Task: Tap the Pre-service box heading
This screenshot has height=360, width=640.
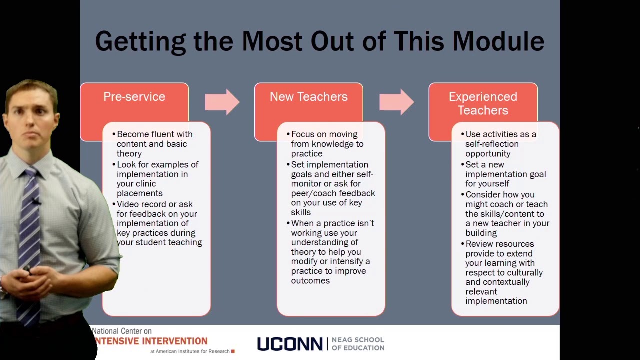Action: [x=134, y=97]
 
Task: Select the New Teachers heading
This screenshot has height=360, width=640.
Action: [x=308, y=97]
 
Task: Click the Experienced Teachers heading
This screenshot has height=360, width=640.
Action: [x=483, y=103]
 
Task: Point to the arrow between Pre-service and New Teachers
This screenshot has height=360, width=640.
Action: [x=222, y=102]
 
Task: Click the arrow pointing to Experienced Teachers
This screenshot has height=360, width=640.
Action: [x=396, y=102]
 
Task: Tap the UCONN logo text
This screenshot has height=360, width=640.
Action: [x=290, y=344]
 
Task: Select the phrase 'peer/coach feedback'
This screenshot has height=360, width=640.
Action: [x=333, y=193]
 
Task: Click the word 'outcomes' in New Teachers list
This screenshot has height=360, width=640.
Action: [x=310, y=281]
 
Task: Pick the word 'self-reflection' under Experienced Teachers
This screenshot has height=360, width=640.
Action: [x=492, y=144]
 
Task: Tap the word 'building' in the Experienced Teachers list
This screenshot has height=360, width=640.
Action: [x=481, y=233]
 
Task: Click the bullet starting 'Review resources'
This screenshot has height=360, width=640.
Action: [x=499, y=244]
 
